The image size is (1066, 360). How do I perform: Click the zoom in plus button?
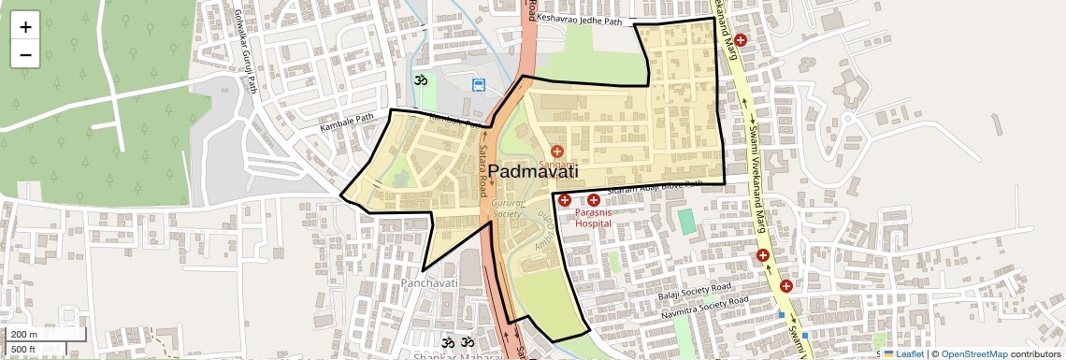[x=25, y=26]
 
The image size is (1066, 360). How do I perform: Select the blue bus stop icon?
[x=479, y=85]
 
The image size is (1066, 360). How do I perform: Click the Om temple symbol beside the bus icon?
[x=420, y=80]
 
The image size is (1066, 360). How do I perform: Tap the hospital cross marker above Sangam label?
[x=557, y=151]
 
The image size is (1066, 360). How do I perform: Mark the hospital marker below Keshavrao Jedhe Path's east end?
[x=741, y=40]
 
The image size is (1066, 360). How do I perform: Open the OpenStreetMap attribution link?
[x=973, y=353]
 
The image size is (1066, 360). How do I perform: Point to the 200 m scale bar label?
[x=24, y=334]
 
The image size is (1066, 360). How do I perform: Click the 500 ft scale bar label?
[x=24, y=349]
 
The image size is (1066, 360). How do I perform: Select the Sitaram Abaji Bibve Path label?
[x=655, y=187]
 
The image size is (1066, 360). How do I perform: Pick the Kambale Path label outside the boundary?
[x=346, y=122]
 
